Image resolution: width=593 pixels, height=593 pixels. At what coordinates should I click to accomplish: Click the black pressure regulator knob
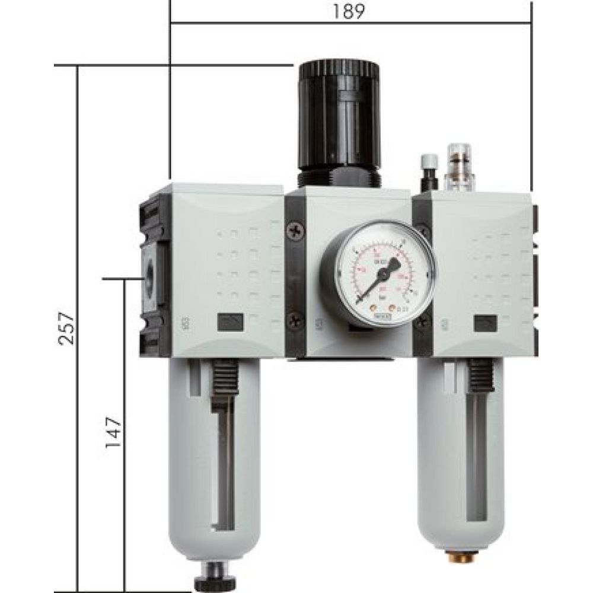(339, 113)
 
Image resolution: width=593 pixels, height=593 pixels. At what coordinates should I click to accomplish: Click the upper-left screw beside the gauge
(295, 231)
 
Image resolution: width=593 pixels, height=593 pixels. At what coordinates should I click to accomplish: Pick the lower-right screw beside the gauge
(422, 322)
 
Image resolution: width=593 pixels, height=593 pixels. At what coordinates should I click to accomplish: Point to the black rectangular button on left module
(229, 322)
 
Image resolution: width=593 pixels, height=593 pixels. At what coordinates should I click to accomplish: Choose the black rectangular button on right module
(486, 323)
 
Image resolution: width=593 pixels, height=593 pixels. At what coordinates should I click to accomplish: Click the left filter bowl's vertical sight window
(224, 468)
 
